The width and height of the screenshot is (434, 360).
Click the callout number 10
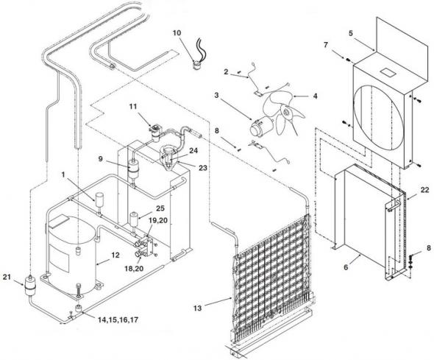177,33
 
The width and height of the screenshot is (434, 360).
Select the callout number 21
7,276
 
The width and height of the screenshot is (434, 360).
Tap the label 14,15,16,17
118,320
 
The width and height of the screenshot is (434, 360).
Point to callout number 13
198,308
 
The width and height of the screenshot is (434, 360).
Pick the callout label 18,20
134,268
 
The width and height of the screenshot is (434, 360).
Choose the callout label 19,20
158,220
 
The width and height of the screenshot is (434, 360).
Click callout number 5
351,33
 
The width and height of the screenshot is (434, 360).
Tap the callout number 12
115,255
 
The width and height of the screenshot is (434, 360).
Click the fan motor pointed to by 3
260,127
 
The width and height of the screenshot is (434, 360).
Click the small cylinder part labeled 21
29,285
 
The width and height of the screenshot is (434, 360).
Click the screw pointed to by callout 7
346,59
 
